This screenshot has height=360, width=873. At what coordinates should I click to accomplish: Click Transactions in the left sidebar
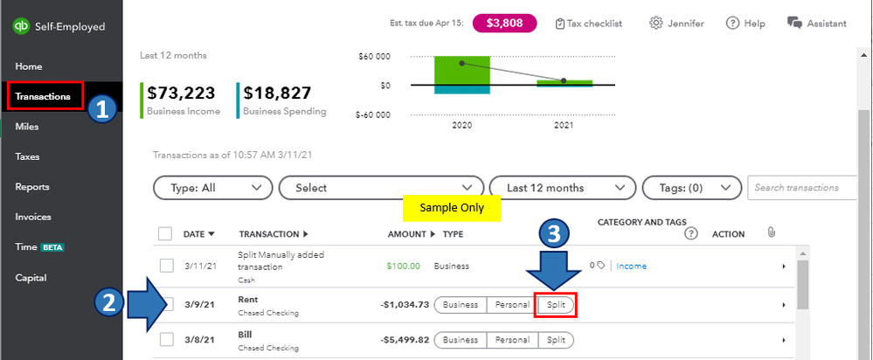[x=43, y=96]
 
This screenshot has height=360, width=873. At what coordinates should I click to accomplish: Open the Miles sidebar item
[x=27, y=127]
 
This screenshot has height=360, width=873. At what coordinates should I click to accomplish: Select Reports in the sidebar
[x=32, y=187]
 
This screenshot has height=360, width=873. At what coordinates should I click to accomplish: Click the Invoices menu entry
[x=33, y=217]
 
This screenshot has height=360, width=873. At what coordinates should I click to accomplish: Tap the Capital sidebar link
[x=31, y=278]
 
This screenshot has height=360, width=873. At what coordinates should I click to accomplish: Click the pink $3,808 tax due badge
[x=503, y=23]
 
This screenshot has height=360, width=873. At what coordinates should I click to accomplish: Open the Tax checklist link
[x=589, y=23]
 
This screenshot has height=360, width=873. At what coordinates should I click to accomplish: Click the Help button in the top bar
[x=745, y=23]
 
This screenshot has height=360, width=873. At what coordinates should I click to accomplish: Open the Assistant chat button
[x=816, y=23]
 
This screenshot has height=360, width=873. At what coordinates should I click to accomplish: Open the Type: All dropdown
[x=212, y=187]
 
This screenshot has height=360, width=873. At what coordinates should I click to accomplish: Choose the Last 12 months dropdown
[x=557, y=187]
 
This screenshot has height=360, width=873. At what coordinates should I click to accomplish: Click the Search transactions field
[x=804, y=187]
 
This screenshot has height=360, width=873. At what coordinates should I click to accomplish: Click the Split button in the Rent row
[x=556, y=305]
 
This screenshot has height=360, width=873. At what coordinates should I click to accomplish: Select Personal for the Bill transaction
[x=512, y=340]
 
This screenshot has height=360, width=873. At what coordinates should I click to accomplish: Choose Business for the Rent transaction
[x=460, y=305]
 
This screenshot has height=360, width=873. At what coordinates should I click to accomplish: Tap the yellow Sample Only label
[x=451, y=208]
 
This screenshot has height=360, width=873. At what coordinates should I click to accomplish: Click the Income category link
[x=632, y=266]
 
